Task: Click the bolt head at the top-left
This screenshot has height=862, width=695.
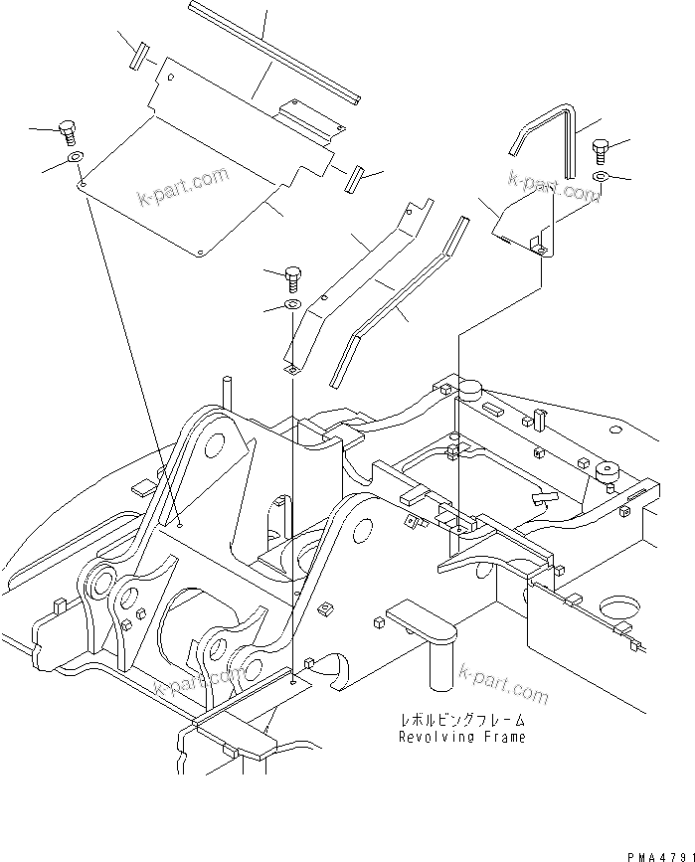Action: click(x=69, y=130)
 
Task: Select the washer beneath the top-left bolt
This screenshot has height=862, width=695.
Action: click(x=76, y=157)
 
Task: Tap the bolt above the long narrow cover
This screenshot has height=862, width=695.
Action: click(x=293, y=274)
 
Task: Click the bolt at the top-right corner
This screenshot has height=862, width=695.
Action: click(x=602, y=149)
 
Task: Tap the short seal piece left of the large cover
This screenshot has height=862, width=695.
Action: click(x=139, y=54)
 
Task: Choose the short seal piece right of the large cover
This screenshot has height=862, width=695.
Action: click(x=352, y=181)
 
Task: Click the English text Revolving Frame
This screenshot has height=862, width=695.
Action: click(x=461, y=737)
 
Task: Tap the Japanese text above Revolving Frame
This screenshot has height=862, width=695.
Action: click(x=461, y=720)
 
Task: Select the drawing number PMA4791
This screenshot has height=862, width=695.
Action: click(x=658, y=853)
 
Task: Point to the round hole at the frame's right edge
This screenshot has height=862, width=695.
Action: click(x=619, y=607)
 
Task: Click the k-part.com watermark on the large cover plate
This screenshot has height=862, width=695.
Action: click(x=184, y=190)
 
